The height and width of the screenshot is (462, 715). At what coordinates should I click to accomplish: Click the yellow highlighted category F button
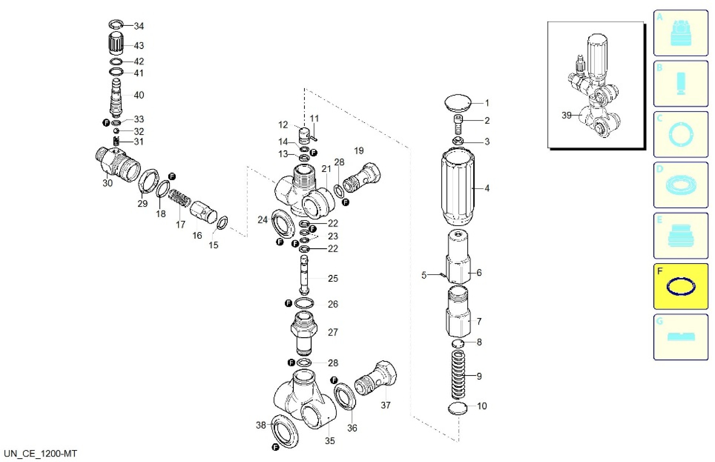[x=680, y=286]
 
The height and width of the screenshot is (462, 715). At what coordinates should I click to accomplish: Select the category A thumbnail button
[x=680, y=33]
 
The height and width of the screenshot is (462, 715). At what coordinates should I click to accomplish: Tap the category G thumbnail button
[x=680, y=337]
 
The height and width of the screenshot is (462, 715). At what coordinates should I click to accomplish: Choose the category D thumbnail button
[x=680, y=185]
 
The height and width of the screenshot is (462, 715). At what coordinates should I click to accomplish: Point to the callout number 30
[x=108, y=183]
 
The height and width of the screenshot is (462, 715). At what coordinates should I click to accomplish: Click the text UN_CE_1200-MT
[x=41, y=453]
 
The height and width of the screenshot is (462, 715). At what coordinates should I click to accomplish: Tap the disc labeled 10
[x=458, y=409]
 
